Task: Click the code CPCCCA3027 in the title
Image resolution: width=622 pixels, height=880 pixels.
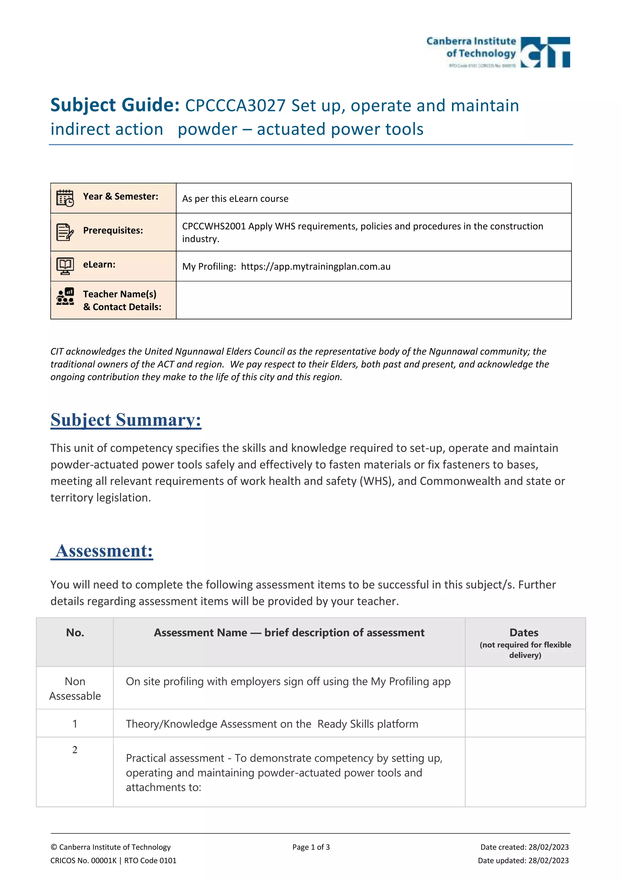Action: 235,106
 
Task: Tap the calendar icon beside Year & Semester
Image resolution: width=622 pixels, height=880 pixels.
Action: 65,198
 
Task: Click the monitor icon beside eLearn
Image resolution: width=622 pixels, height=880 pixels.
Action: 65,266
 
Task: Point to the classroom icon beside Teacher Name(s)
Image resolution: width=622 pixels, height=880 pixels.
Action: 65,297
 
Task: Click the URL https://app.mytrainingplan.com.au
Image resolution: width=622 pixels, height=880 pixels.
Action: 316,266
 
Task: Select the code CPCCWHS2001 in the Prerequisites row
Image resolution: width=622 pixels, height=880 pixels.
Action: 214,226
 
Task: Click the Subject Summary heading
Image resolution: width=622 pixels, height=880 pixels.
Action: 126,420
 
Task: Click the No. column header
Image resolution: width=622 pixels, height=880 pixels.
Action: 75,632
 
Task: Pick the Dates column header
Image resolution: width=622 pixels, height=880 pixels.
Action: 524,632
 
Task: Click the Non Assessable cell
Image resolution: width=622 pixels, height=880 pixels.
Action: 75,688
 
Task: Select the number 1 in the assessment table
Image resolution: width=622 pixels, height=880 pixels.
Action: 75,724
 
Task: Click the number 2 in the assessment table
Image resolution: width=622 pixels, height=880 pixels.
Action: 75,750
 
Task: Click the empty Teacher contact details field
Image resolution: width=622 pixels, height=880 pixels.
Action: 374,300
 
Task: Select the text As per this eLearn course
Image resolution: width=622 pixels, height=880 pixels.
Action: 235,198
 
